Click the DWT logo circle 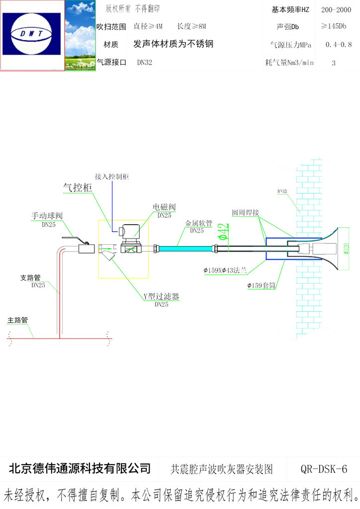pos(32,34)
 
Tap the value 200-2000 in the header pos(337,10)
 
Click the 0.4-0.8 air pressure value pos(339,45)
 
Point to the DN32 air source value pos(144,63)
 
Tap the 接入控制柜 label pos(112,176)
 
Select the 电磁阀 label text pos(164,207)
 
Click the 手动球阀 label pos(47,216)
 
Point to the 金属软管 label pos(199,224)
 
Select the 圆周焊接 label pos(246,212)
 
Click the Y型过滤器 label pos(161,297)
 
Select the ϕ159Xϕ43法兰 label pos(225,270)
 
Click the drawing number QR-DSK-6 pos(324,469)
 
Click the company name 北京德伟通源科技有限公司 pos(80,468)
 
